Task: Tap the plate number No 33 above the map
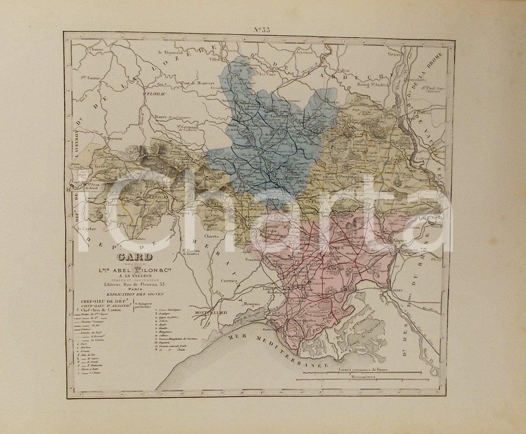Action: click(262, 29)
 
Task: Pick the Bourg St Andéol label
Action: click(359, 82)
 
